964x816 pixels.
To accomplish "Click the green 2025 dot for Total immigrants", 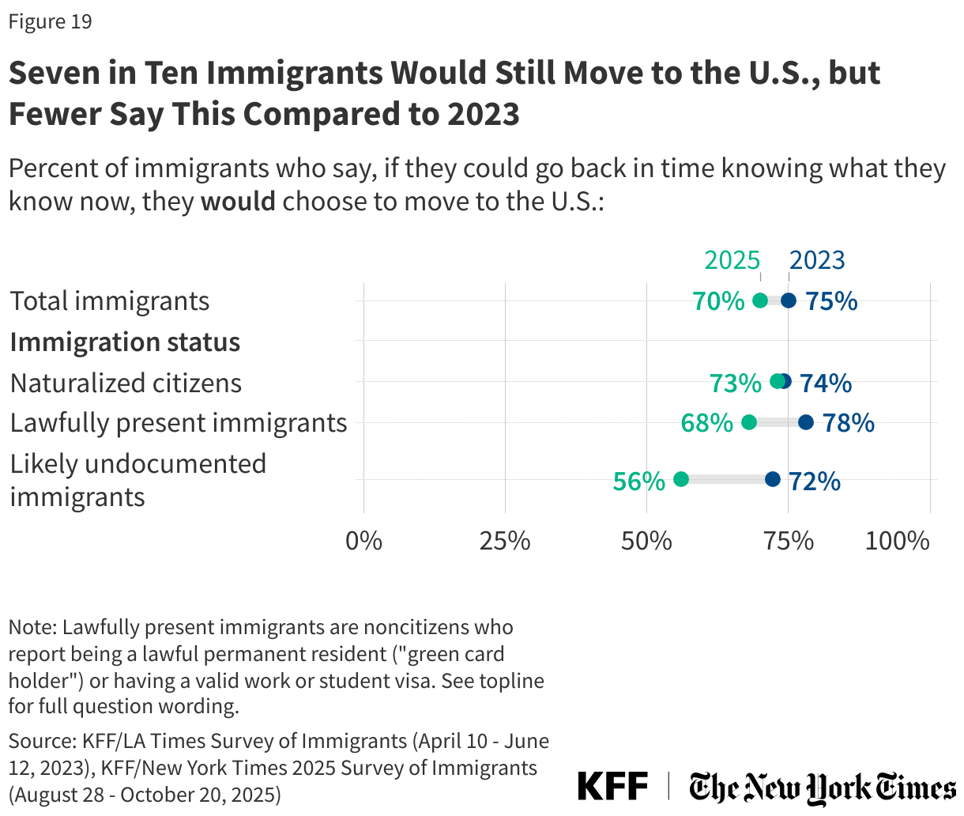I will (x=760, y=300).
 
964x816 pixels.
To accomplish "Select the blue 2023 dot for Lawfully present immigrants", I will (x=805, y=422).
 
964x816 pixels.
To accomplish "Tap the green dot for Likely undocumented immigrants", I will (x=681, y=479).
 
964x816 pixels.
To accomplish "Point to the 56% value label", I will (x=638, y=481).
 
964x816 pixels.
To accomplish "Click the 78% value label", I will (x=849, y=423).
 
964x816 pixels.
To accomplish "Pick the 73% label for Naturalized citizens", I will (x=735, y=383).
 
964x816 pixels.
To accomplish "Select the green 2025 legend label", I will (x=732, y=260).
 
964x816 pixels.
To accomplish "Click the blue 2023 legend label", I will (x=817, y=260).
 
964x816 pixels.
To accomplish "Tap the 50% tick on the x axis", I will (x=646, y=541).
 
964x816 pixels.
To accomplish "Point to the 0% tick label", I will (x=364, y=541).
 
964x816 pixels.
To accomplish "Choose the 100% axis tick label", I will (x=897, y=541).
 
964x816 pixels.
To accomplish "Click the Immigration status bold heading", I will (x=125, y=342).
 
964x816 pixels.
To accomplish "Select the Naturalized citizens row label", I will (x=126, y=383).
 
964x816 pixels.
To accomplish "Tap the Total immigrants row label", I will (x=110, y=301).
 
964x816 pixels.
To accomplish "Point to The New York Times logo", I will (x=822, y=788).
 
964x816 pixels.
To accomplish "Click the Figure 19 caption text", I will (x=51, y=21).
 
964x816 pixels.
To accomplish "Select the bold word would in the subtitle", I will (x=238, y=202).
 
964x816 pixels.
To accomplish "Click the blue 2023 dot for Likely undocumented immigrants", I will (x=773, y=479).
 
